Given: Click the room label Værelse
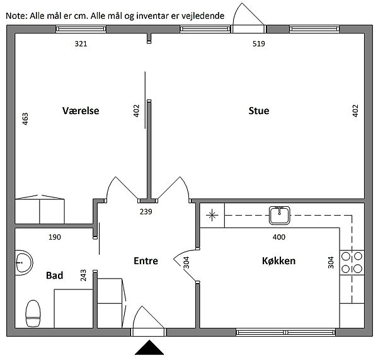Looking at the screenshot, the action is point(81,111).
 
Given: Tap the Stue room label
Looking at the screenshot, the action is point(259,111).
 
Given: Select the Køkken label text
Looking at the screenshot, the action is point(278,261).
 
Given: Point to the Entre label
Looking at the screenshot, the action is point(146,261).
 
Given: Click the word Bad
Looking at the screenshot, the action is point(54,276).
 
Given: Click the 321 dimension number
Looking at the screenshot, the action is point(81,44).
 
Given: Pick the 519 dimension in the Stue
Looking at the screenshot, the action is point(259,44).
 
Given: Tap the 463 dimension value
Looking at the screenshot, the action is point(25,119).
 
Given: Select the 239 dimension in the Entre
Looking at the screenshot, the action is point(146,212).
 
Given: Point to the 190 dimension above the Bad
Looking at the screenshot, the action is point(55,237).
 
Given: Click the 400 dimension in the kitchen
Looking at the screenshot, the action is point(279,237).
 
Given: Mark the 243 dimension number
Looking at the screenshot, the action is point(83,276).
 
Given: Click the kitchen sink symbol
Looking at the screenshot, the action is point(279,215).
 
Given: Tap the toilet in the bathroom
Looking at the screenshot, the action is point(33,313).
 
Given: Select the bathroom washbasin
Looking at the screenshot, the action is point(24,262).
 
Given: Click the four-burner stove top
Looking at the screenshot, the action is point(352,262).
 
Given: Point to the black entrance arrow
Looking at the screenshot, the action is point(149,347).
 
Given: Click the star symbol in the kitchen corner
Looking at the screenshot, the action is point(212,215).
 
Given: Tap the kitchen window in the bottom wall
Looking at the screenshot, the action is point(285,332).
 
